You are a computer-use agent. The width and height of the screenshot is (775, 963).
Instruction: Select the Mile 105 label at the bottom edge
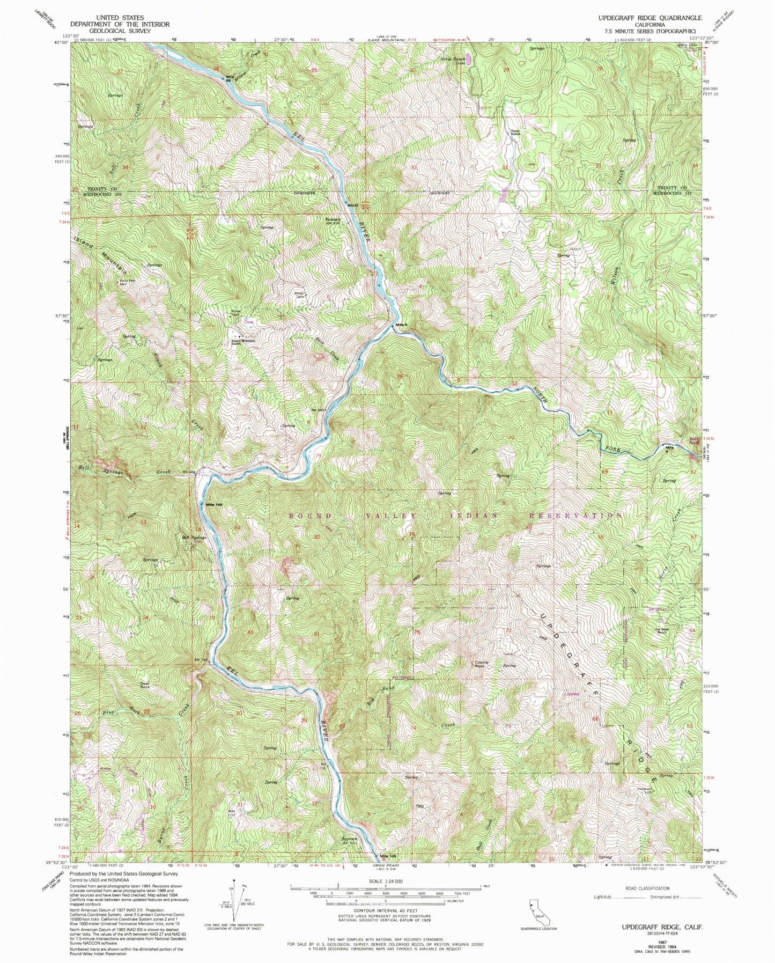(388, 871)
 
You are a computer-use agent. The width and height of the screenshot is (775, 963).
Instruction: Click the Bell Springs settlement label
(194, 538)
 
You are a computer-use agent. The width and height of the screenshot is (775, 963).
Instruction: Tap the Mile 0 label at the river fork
(402, 325)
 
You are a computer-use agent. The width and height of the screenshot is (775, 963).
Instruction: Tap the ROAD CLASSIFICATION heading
(647, 888)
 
